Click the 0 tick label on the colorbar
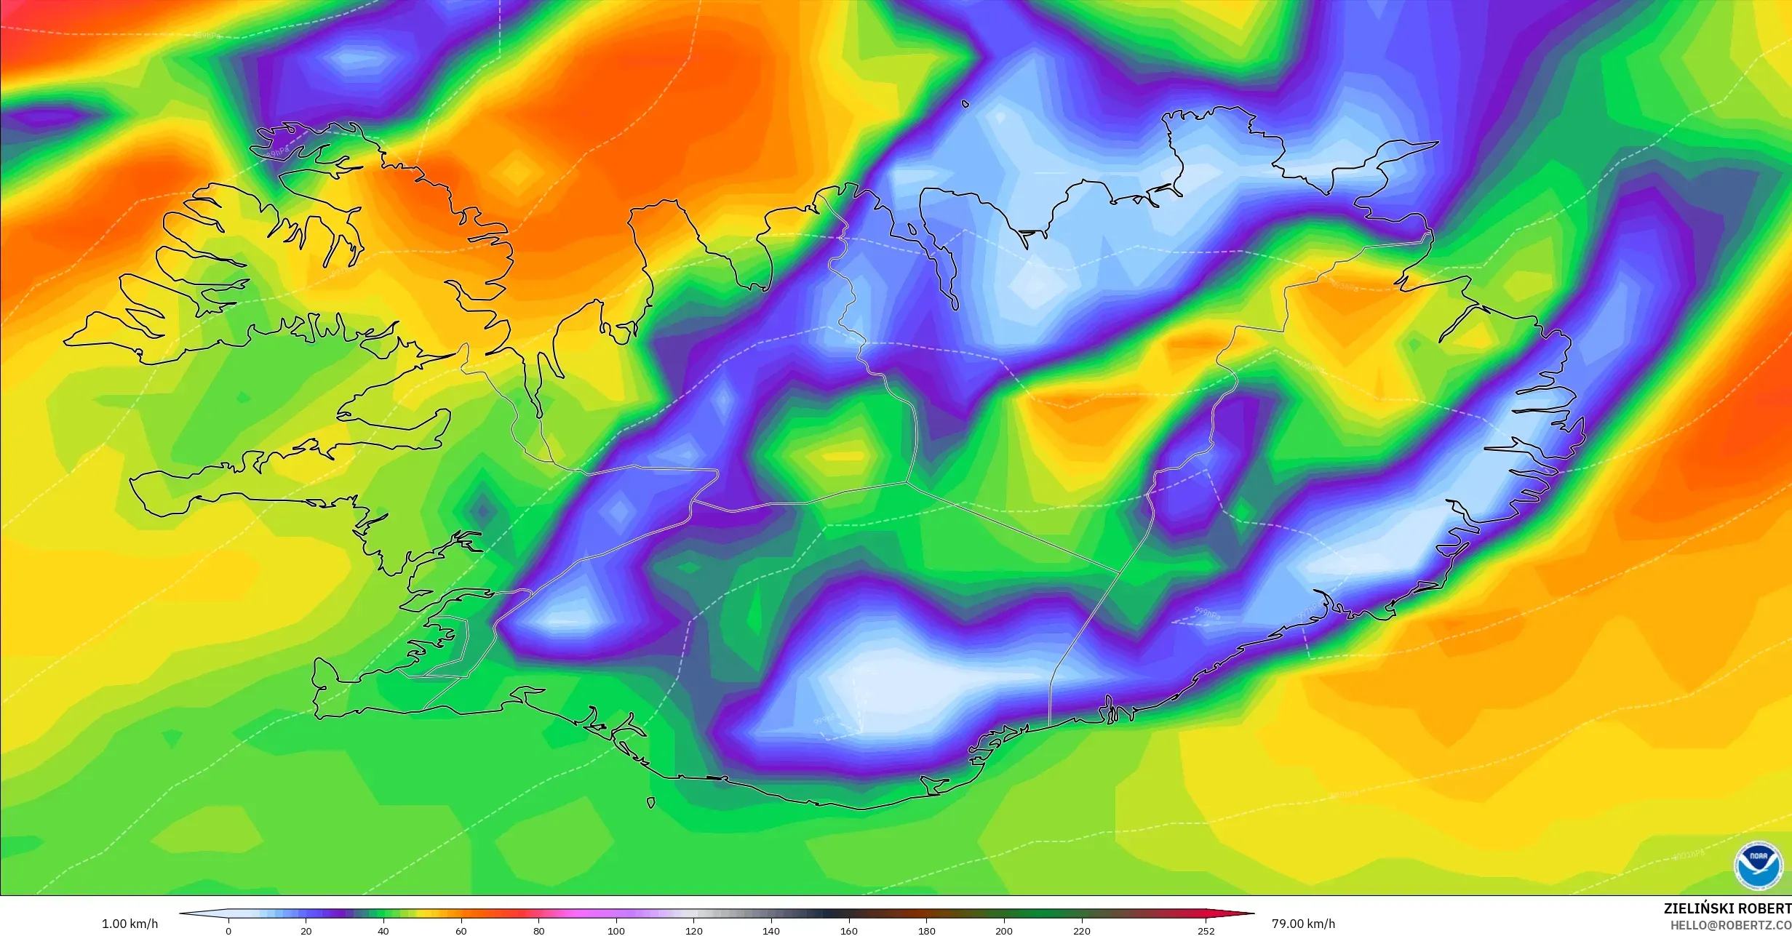[x=228, y=931]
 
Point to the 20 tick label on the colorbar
[x=306, y=931]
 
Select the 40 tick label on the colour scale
[x=383, y=931]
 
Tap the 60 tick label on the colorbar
[x=461, y=931]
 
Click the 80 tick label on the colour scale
[x=539, y=931]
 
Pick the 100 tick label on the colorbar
[x=616, y=931]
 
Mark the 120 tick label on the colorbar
[x=694, y=931]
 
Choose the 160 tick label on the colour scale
[x=849, y=931]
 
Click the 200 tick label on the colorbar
[x=1004, y=931]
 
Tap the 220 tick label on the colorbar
[x=1082, y=931]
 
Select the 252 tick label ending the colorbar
[x=1206, y=931]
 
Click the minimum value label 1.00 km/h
[x=130, y=924]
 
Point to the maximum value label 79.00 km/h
[x=1304, y=924]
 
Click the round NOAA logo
[x=1758, y=865]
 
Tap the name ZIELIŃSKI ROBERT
[x=1727, y=908]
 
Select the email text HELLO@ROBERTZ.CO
[x=1730, y=925]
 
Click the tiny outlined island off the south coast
[x=650, y=803]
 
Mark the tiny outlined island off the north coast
[x=965, y=104]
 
